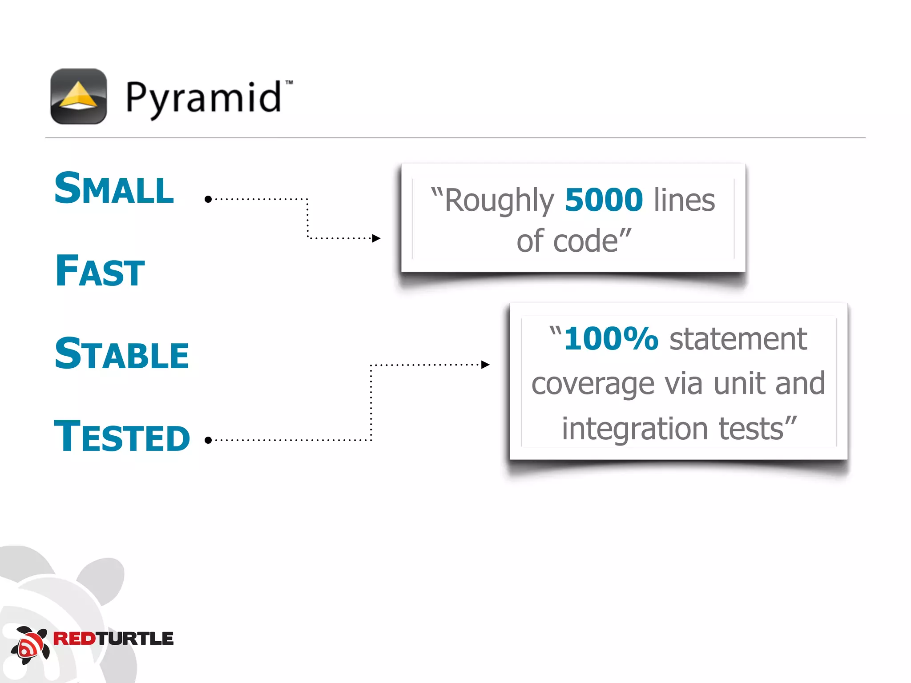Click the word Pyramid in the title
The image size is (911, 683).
click(x=204, y=98)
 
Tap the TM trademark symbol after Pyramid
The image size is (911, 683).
click(x=289, y=82)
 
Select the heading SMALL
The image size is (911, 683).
click(x=114, y=189)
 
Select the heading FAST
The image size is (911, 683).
click(x=100, y=271)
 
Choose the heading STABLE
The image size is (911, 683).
click(x=121, y=354)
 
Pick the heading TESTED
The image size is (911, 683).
click(x=122, y=437)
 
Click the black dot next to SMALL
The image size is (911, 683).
click(x=208, y=199)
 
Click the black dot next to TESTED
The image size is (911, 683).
click(x=208, y=440)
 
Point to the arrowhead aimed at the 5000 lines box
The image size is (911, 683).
click(x=376, y=238)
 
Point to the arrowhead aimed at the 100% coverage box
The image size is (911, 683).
click(x=485, y=365)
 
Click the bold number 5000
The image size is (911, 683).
click(x=604, y=200)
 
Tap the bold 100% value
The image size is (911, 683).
click(x=611, y=339)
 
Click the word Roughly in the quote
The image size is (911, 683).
click(x=499, y=201)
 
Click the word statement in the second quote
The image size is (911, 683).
click(x=738, y=339)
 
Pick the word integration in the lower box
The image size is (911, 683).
click(x=634, y=429)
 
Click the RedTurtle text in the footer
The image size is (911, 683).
click(x=113, y=639)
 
